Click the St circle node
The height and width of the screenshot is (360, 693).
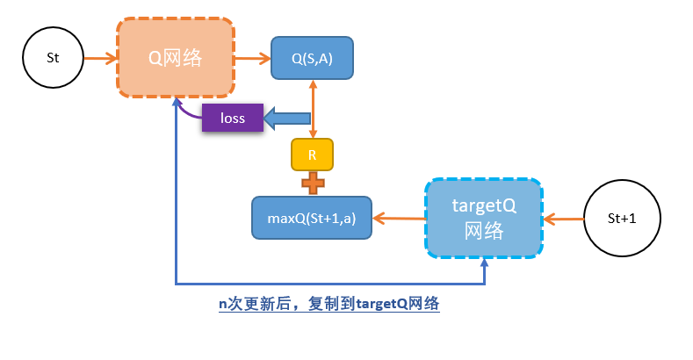click(x=53, y=58)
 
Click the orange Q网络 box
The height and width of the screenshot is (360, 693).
click(x=175, y=58)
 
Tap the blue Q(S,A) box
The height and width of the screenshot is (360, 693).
click(x=312, y=58)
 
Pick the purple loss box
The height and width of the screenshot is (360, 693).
click(x=233, y=118)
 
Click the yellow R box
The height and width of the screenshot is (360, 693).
click(x=312, y=155)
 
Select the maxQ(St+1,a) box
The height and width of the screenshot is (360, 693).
click(x=312, y=218)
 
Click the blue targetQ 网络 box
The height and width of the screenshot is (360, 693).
click(x=483, y=218)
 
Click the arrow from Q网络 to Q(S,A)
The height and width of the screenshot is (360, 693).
click(x=253, y=59)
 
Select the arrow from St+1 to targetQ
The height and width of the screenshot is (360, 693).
click(x=564, y=218)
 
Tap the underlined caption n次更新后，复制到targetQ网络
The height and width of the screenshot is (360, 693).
click(x=328, y=305)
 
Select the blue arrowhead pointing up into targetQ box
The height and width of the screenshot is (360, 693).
click(x=484, y=264)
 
